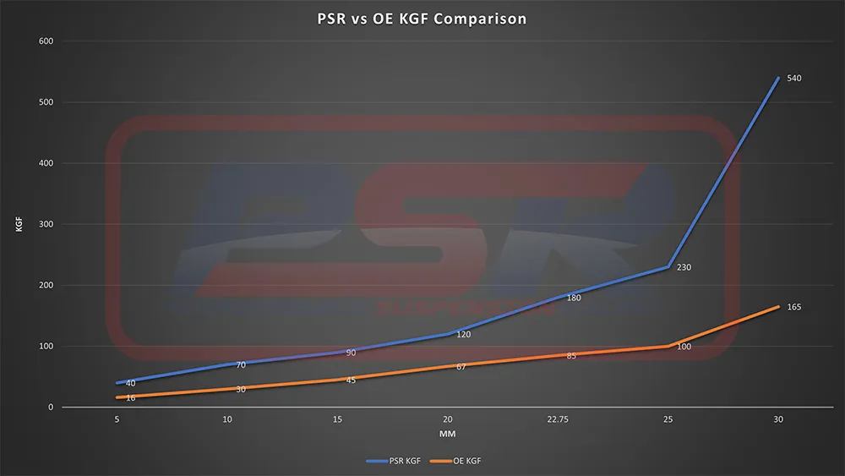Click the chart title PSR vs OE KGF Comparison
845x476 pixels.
[x=422, y=19]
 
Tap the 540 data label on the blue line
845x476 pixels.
[x=793, y=79]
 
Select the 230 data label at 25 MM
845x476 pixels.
[x=684, y=267]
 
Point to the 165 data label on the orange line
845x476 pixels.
[x=793, y=307]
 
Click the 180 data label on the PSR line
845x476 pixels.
[x=574, y=298]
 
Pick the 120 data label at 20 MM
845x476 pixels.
[x=464, y=335]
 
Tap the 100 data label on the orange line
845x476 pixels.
[x=684, y=347]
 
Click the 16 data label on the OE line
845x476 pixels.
[x=130, y=397]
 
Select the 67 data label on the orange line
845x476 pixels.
[x=462, y=367]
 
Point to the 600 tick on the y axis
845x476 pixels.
[x=46, y=41]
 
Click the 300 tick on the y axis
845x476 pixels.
[x=46, y=224]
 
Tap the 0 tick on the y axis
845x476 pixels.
[x=51, y=408]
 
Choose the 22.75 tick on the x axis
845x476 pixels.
[x=558, y=419]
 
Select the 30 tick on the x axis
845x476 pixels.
[x=777, y=419]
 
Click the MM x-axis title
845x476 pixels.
[x=447, y=434]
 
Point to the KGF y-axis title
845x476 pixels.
[x=19, y=224]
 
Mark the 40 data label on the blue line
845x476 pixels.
[x=130, y=383]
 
